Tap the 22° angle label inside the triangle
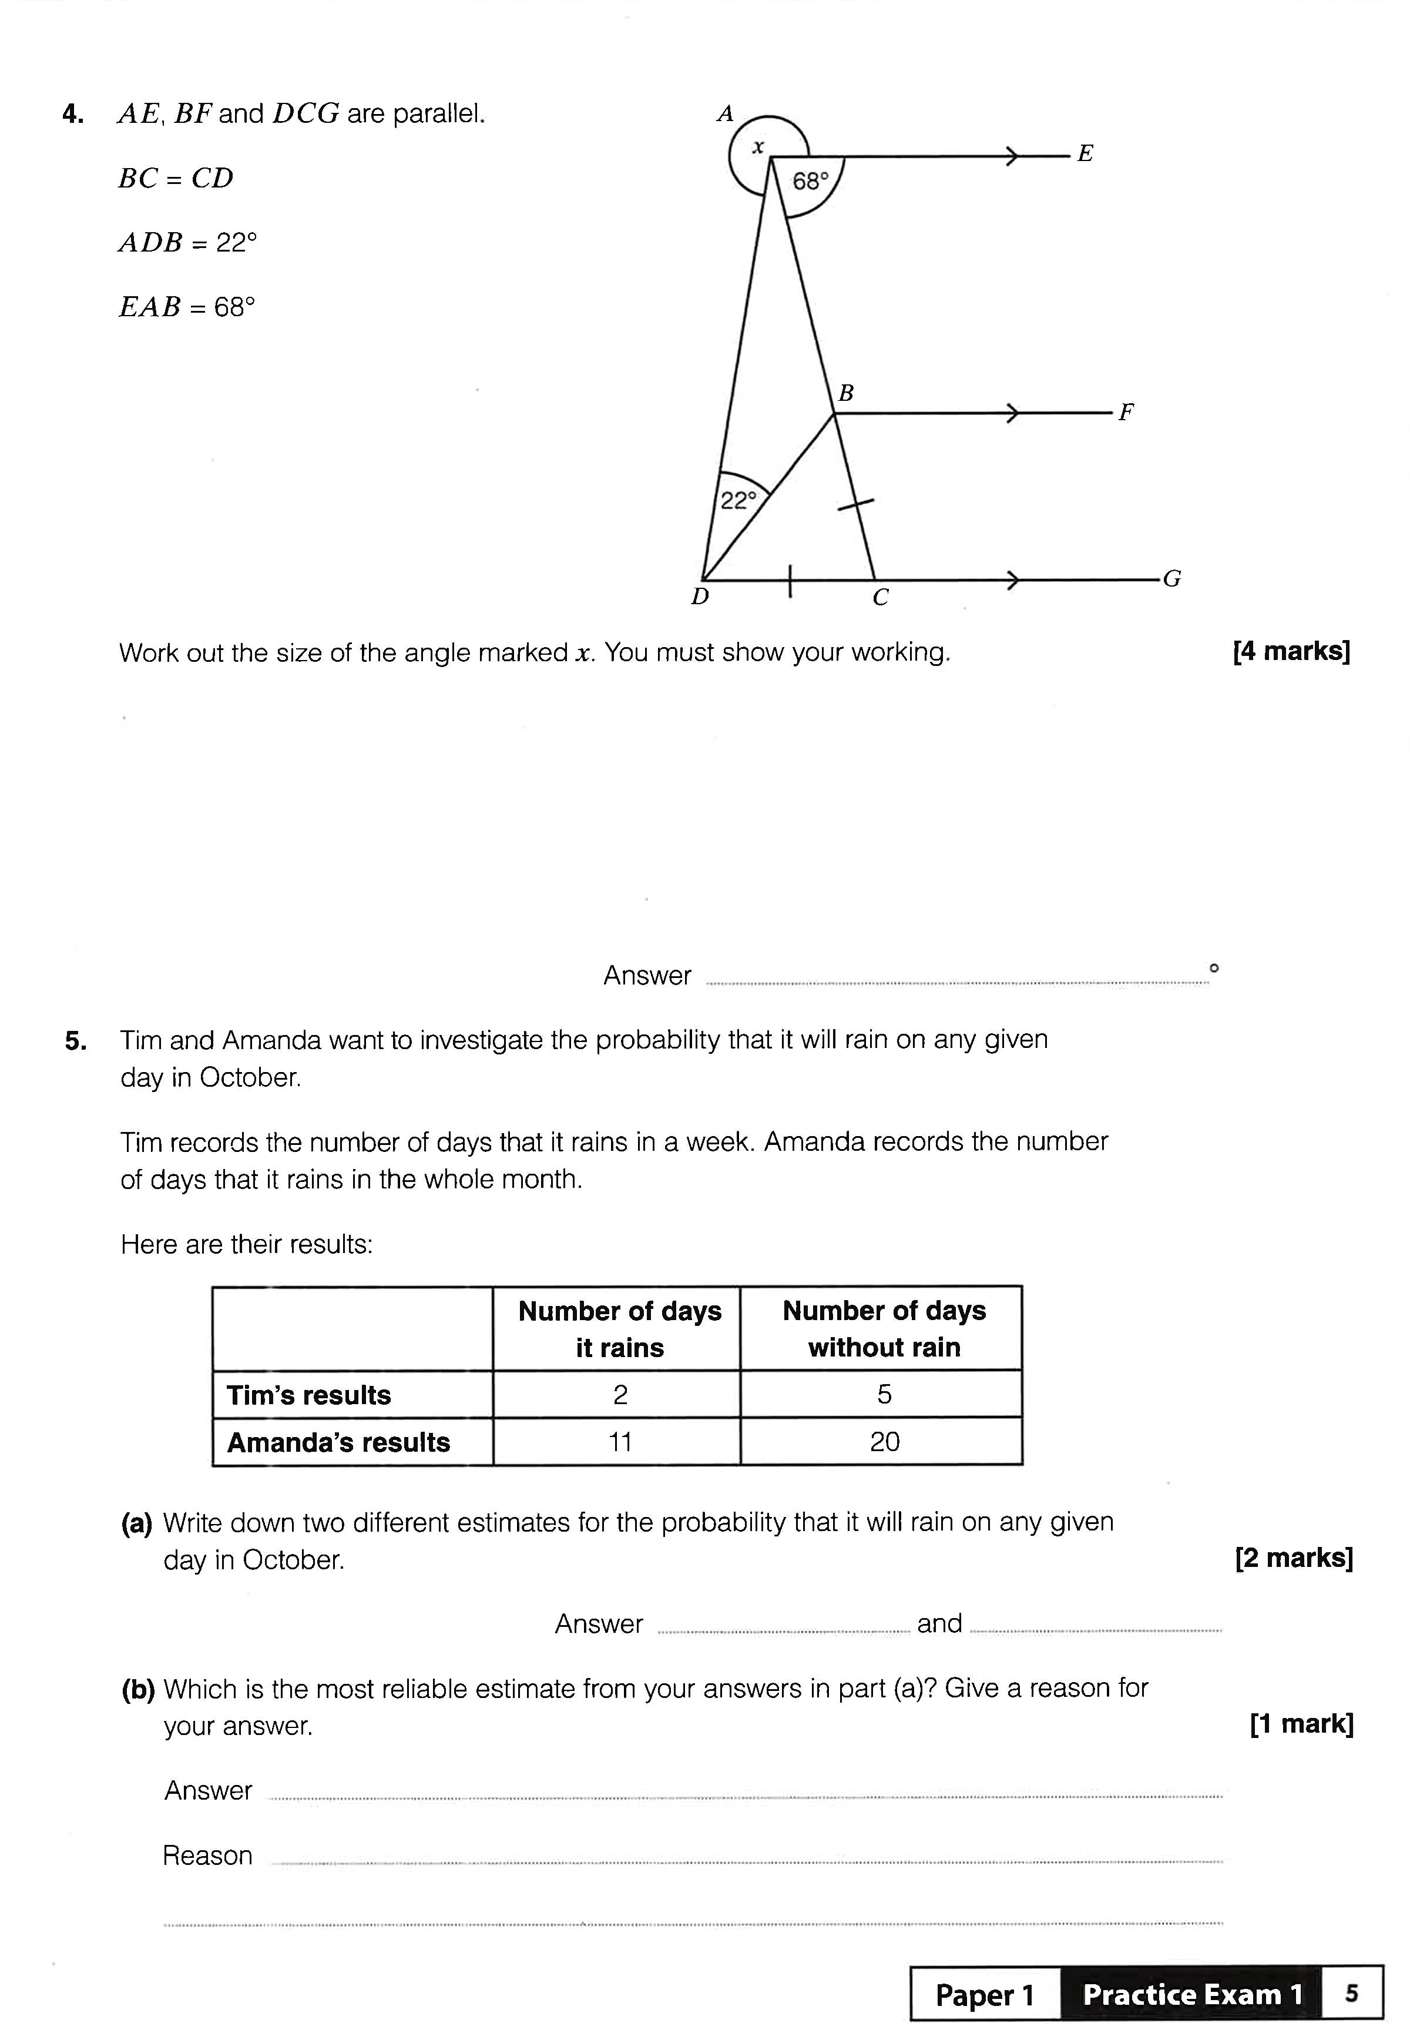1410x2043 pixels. (x=738, y=501)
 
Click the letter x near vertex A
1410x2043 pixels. (x=757, y=148)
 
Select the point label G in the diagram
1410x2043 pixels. (x=1171, y=579)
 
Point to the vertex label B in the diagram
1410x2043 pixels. (x=845, y=393)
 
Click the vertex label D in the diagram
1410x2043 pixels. (x=700, y=597)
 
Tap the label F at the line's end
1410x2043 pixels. (x=1126, y=413)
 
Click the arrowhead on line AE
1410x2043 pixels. (x=1012, y=158)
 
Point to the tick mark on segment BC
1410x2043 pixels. (x=855, y=505)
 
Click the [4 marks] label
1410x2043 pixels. (x=1291, y=651)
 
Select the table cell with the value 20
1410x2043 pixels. (x=884, y=1442)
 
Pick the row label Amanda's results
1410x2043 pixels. (x=338, y=1442)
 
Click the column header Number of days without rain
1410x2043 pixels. (x=884, y=1328)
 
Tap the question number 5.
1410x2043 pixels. (x=76, y=1041)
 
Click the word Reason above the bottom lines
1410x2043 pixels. (x=207, y=1856)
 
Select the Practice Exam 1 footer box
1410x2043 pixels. (x=1192, y=1994)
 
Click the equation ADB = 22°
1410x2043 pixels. (x=187, y=243)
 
